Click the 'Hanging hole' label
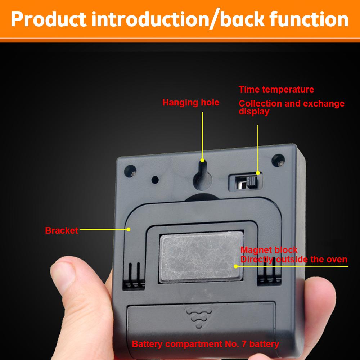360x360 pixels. (190, 103)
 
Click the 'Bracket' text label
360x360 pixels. (62, 230)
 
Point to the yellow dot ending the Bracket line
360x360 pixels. (129, 229)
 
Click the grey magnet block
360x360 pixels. (201, 256)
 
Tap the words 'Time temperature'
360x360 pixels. (276, 89)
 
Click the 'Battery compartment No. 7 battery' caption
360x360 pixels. (206, 344)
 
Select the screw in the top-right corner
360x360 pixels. (278, 161)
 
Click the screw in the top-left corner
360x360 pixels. (130, 171)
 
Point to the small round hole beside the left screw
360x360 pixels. (155, 180)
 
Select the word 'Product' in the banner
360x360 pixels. (49, 19)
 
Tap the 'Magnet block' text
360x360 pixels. (269, 250)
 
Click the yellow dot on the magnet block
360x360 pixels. (236, 266)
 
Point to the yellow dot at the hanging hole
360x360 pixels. (202, 160)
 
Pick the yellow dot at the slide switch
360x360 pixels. (258, 173)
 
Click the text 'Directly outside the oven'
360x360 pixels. (294, 260)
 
